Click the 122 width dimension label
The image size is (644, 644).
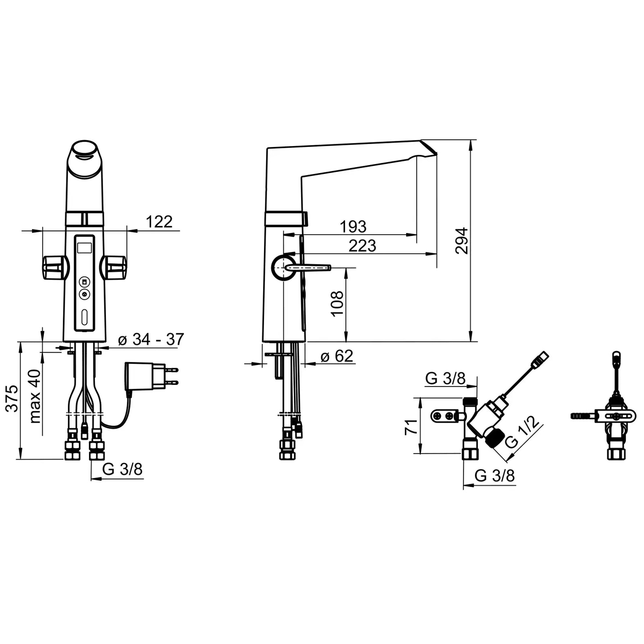(159, 222)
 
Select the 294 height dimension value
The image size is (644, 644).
(462, 241)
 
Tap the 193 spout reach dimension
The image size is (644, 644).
(353, 227)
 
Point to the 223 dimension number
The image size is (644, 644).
(362, 246)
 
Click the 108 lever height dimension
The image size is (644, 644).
(337, 303)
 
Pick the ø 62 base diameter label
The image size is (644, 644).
(337, 356)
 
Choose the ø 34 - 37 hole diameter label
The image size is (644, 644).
(151, 339)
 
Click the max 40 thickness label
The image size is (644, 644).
(35, 396)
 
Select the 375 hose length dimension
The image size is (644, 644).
(13, 398)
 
